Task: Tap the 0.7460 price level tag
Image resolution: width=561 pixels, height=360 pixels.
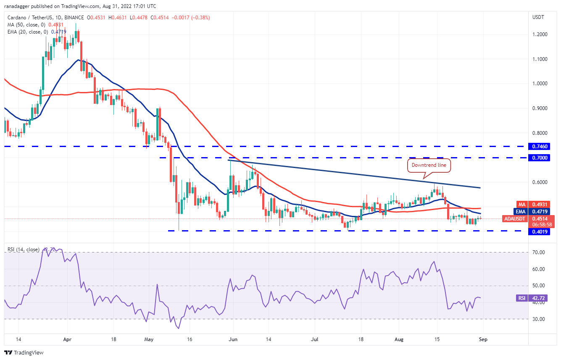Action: coord(540,146)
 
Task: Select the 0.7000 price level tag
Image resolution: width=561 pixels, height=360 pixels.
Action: coord(540,158)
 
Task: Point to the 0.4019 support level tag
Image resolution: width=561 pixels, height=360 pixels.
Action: coord(540,231)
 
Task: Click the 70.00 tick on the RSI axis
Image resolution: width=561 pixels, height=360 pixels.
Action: coord(538,252)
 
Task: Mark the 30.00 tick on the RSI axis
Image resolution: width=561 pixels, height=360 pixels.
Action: coord(538,319)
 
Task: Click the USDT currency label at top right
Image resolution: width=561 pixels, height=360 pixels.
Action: coord(539,17)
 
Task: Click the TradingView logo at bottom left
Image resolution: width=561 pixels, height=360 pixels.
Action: coord(24,352)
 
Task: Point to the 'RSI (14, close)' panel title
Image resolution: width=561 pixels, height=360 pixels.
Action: coord(24,250)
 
